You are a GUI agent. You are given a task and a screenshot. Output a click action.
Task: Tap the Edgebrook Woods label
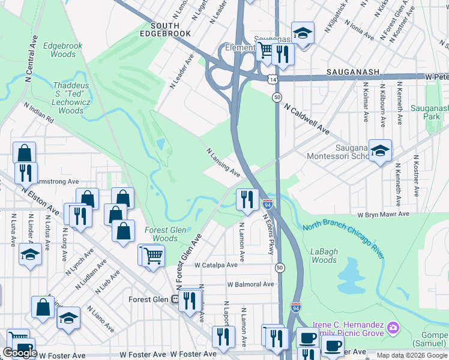pyautogui.click(x=62, y=50)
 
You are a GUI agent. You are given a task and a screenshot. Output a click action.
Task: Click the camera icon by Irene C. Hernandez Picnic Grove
pyautogui.click(x=393, y=327)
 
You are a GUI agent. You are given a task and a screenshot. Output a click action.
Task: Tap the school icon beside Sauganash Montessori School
pyautogui.click(x=380, y=151)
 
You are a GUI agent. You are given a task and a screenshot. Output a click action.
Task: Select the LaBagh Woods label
pyautogui.click(x=325, y=256)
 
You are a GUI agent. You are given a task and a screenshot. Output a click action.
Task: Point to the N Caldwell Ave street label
pyautogui.click(x=307, y=118)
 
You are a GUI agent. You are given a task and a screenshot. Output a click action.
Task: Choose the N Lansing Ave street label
pyautogui.click(x=223, y=163)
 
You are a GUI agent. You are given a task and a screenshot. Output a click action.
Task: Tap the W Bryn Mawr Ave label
pyautogui.click(x=383, y=214)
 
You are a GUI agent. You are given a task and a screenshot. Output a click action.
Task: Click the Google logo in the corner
pyautogui.click(x=20, y=353)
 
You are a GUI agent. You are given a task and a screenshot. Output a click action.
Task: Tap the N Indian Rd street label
pyautogui.click(x=39, y=112)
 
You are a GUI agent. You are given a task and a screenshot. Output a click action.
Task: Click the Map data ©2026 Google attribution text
pyautogui.click(x=412, y=355)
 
